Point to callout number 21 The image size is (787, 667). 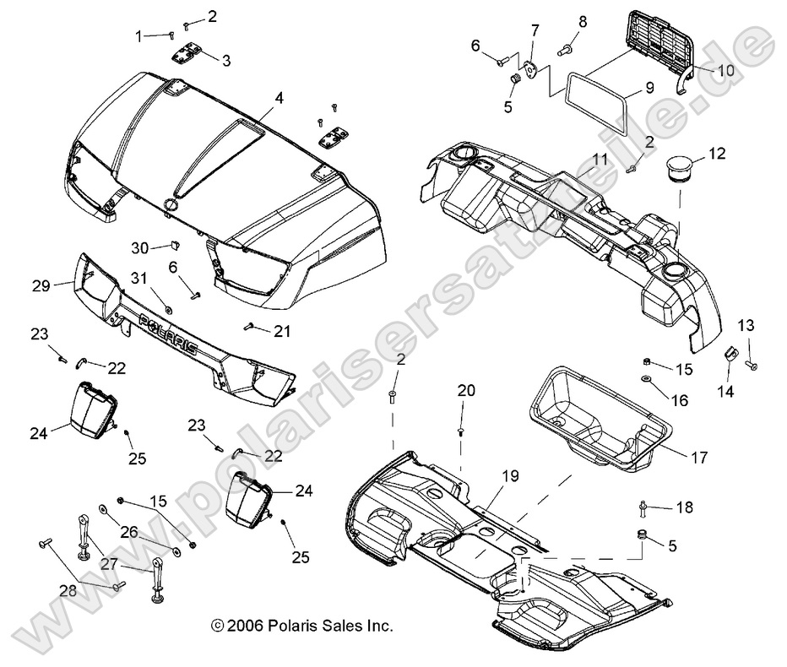coord(281,331)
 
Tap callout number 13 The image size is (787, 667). coord(746,325)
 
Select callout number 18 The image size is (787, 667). coord(683,507)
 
